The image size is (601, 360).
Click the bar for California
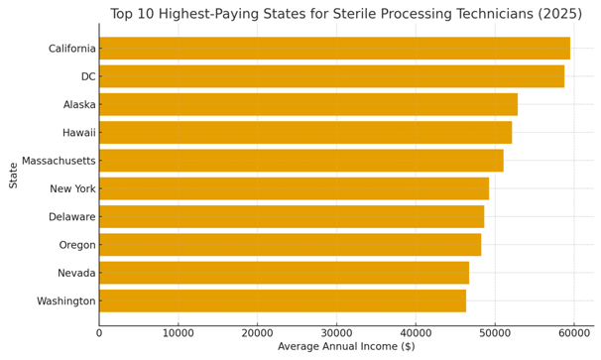(x=334, y=49)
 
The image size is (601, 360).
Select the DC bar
(x=331, y=76)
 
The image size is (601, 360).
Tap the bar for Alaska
(x=308, y=104)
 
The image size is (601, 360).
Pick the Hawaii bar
(x=305, y=132)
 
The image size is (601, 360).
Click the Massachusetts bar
(x=301, y=161)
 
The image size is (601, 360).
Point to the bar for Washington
(x=283, y=300)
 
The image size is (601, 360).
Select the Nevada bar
(x=284, y=273)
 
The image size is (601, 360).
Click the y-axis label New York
(x=72, y=188)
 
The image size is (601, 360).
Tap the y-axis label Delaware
(x=71, y=216)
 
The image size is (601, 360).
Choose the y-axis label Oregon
(x=76, y=245)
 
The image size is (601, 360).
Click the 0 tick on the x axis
(x=99, y=333)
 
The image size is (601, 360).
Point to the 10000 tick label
(x=179, y=333)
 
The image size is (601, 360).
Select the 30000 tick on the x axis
(x=336, y=333)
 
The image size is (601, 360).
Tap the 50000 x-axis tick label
(x=495, y=333)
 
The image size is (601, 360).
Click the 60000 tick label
(x=573, y=333)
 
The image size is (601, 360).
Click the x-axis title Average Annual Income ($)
(x=346, y=347)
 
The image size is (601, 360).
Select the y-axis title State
(x=14, y=175)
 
